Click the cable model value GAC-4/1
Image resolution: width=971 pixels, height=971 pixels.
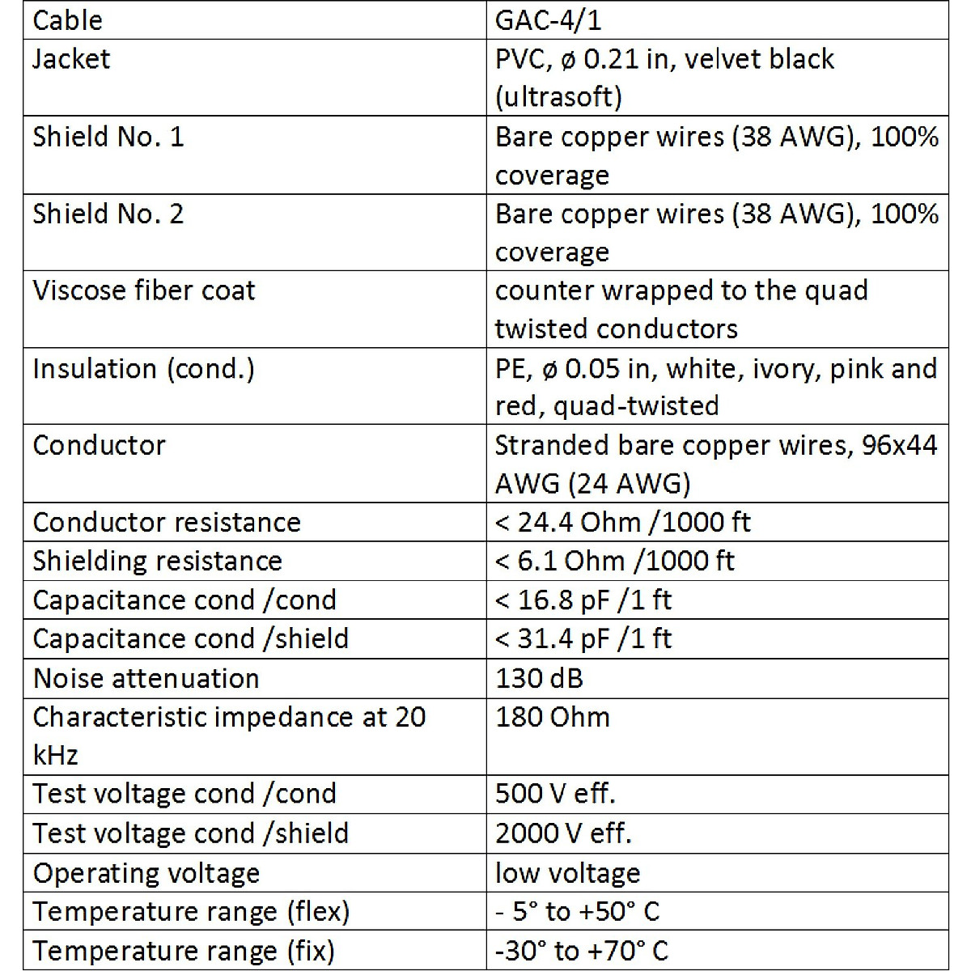[x=548, y=20]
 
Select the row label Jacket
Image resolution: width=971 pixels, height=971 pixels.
[x=71, y=59]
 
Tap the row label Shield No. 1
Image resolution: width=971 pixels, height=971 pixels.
[x=108, y=137]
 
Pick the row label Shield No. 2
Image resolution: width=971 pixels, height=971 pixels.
[x=108, y=214]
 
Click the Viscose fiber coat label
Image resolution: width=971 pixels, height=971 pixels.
[x=144, y=290]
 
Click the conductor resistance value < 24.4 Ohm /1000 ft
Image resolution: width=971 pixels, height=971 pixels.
[x=622, y=523]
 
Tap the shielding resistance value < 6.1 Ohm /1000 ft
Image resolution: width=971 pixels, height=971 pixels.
[x=614, y=561]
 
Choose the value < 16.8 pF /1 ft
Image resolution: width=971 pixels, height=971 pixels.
[x=583, y=600]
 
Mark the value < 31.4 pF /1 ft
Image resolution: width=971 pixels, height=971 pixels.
[x=583, y=638]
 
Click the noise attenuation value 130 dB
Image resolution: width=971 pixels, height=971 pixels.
[x=539, y=678]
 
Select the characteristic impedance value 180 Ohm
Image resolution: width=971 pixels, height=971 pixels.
[x=553, y=717]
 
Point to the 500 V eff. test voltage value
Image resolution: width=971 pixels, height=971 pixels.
[x=555, y=794]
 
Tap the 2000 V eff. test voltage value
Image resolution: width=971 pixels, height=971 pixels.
[x=563, y=833]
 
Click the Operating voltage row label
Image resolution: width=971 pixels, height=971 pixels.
[x=146, y=873]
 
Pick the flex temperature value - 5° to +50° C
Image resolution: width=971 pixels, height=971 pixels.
[x=577, y=912]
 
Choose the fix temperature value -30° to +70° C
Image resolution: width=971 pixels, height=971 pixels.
[x=582, y=951]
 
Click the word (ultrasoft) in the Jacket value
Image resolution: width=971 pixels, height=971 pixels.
[x=558, y=97]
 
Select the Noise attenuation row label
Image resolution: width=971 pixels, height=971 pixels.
[x=146, y=678]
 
